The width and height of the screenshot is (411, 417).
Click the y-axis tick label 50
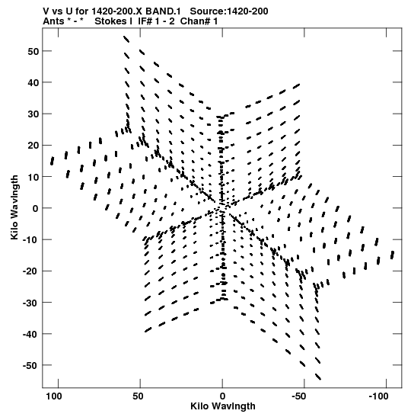tap(33, 51)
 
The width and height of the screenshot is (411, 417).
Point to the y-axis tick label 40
tap(33, 82)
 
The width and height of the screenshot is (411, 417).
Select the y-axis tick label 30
tap(33, 114)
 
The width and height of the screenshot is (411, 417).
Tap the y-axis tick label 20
tap(33, 146)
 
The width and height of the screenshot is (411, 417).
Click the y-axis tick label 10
tap(33, 177)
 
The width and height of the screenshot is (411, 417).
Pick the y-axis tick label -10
tap(31, 240)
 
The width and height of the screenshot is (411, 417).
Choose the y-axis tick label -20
tap(31, 271)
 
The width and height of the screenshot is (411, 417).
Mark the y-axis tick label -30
tap(31, 303)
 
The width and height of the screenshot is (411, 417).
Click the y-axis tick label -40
tap(31, 335)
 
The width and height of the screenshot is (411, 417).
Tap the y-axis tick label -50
tap(31, 366)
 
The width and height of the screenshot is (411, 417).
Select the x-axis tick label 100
tap(54, 396)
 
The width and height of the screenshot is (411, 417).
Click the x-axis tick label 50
tap(138, 396)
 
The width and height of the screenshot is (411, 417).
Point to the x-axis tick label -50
tap(299, 396)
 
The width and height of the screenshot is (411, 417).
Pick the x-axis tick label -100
tap(378, 396)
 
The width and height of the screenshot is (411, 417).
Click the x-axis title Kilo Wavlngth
tap(223, 406)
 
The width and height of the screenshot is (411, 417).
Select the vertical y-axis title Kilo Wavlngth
tap(14, 207)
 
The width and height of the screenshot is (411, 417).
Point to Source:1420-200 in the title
tap(229, 11)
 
